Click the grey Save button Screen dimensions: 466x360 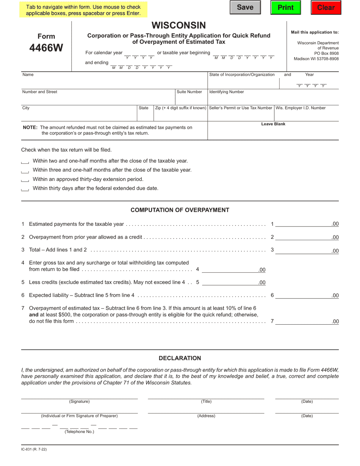[245, 8]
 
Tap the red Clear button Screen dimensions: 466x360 [326, 8]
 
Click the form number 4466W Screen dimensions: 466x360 [46, 48]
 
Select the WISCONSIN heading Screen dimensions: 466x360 [179, 25]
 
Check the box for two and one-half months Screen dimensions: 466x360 [25, 162]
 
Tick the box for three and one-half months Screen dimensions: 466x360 [25, 171]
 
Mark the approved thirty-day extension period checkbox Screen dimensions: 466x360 [25, 180]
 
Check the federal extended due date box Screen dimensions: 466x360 [25, 189]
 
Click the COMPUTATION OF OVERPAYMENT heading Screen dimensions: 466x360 [180, 210]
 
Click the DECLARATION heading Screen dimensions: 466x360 [180, 358]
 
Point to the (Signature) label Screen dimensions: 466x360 [79, 402]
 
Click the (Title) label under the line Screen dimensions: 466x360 [206, 402]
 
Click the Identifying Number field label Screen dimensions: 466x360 [227, 92]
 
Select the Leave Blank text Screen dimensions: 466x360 [273, 124]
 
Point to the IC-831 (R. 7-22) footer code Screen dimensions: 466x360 [34, 449]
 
